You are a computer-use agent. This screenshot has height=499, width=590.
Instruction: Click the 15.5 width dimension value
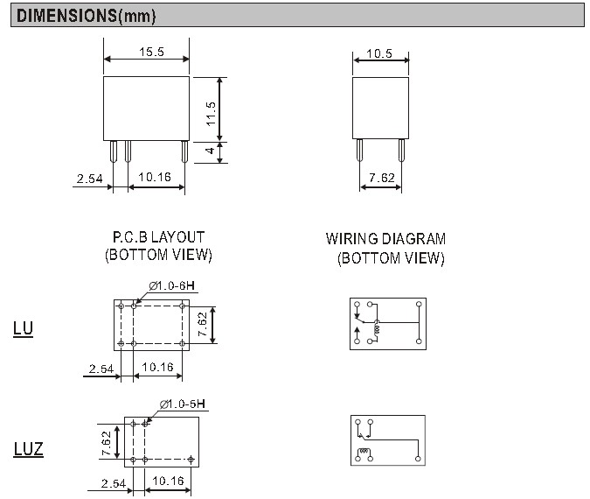[x=151, y=52]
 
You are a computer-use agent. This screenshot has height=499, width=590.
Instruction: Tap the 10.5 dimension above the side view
[x=379, y=53]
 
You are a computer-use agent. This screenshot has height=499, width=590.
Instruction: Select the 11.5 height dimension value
[x=211, y=114]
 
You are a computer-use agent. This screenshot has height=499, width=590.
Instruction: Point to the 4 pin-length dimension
[x=210, y=151]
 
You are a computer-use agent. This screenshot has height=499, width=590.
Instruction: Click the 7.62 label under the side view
[x=382, y=178]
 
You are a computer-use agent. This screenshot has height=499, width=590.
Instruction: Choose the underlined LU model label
[x=23, y=328]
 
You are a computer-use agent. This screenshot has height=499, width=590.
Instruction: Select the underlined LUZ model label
[x=29, y=449]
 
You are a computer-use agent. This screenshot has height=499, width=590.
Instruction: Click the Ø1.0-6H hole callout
[x=172, y=286]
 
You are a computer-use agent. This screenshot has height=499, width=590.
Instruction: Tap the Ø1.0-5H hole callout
[x=183, y=404]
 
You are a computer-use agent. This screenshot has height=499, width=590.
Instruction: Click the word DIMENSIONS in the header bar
[x=67, y=16]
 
